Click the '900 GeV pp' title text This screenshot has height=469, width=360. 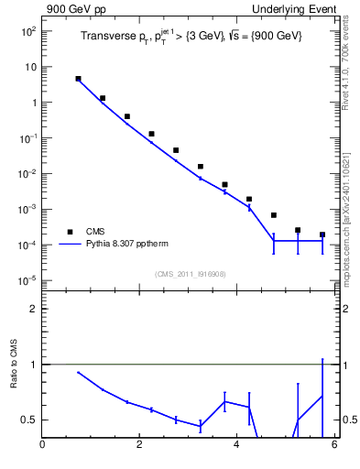click(73, 9)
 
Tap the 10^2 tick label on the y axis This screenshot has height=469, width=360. click(27, 31)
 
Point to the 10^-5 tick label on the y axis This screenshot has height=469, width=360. click(27, 281)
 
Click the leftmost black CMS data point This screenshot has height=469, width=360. click(78, 79)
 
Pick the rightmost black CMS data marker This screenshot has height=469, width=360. click(322, 234)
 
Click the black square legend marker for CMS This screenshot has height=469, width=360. click(70, 232)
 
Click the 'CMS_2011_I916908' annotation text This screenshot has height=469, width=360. click(190, 274)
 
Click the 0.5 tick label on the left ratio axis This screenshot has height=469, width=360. click(27, 420)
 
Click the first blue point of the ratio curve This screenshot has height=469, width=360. click(78, 372)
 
